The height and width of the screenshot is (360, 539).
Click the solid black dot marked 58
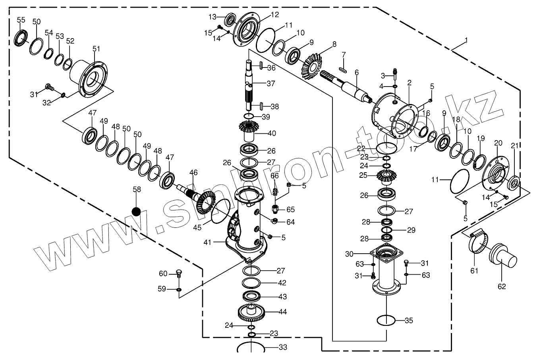point(137,211)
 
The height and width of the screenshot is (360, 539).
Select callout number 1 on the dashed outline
point(466,40)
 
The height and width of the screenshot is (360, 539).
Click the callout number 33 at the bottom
point(282,347)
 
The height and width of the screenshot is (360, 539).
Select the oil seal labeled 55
point(21,37)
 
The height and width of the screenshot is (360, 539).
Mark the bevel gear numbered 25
point(384,177)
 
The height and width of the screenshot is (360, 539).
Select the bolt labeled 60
point(178,273)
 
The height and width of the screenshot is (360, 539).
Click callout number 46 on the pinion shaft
point(193,172)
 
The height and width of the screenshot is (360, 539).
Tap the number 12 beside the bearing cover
point(275,15)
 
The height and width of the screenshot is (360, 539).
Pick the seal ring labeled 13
point(230,19)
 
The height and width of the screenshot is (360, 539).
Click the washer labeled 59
point(178,289)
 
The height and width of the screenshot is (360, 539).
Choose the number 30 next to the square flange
point(349,253)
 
